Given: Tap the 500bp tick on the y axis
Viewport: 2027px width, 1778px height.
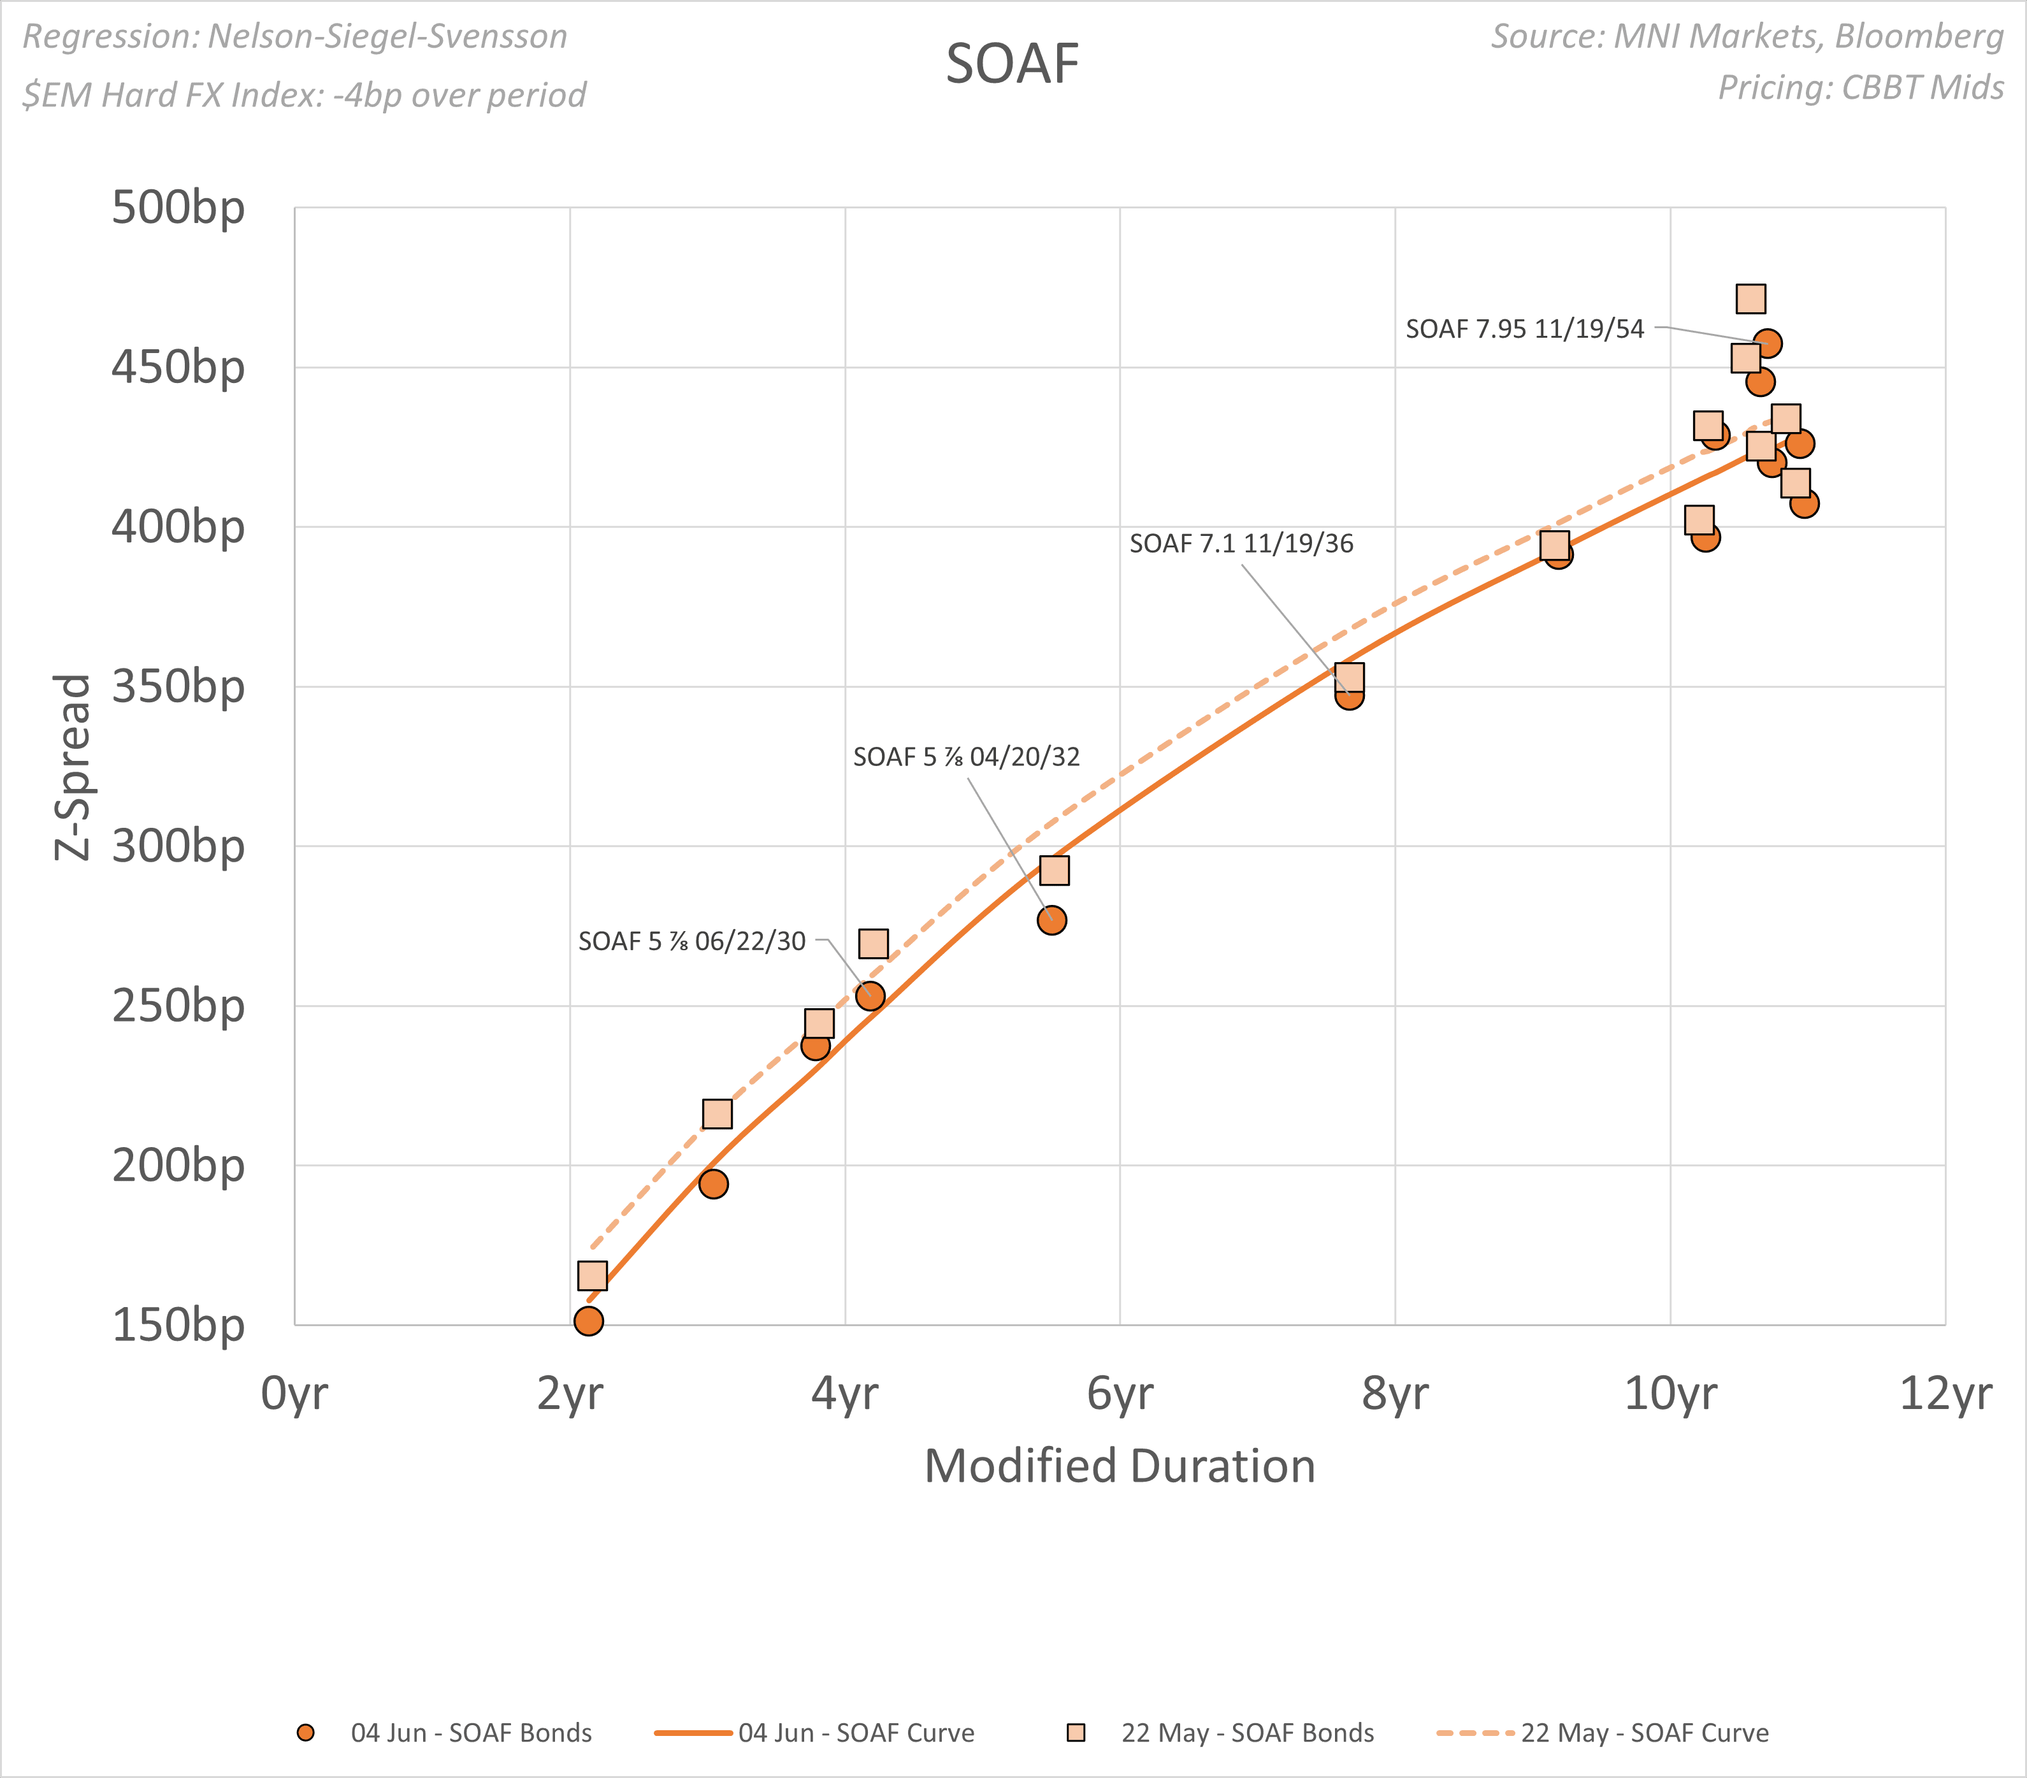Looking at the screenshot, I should click(178, 208).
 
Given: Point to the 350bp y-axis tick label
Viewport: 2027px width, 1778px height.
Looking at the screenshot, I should click(178, 686).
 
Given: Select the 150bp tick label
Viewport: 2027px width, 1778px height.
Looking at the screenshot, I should click(178, 1325).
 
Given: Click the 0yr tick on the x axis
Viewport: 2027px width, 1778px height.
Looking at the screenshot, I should click(294, 1393).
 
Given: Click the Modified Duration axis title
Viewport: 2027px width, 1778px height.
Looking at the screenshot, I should click(1120, 1466).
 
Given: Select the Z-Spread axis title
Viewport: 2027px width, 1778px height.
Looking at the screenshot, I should click(73, 767).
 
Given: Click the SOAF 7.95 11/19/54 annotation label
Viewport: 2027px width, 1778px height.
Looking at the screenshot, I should click(1524, 328).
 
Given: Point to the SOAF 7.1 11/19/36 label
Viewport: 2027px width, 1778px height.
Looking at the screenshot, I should click(1241, 544).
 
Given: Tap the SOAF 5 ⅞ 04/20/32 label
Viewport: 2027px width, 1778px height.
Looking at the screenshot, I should click(966, 756).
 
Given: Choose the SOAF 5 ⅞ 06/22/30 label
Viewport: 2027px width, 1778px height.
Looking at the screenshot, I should click(691, 941).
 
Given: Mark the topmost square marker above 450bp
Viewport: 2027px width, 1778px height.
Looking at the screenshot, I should click(1750, 298).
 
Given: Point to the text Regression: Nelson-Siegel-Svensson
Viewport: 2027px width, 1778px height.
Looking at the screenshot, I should click(294, 37).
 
